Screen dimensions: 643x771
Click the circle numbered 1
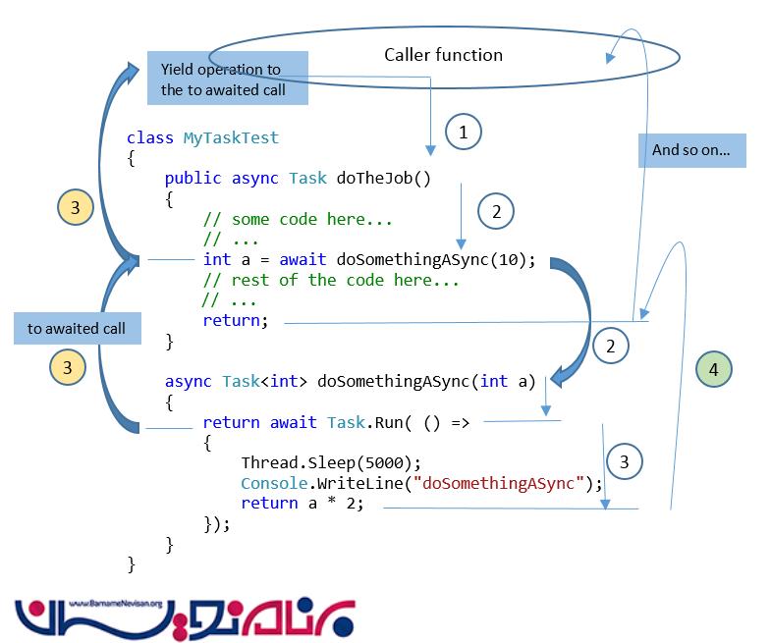tap(465, 131)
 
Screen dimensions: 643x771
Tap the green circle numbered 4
tap(713, 370)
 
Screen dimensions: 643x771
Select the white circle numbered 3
tap(625, 460)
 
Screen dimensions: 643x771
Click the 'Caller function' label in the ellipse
tap(443, 55)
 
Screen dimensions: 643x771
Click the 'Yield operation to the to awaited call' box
tap(227, 80)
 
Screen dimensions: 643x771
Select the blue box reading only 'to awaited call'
tap(77, 328)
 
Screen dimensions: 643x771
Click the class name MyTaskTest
tap(231, 138)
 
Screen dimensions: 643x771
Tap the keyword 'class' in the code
tap(150, 138)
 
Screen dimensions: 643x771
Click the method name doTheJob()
tap(384, 178)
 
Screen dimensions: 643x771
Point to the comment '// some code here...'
tap(298, 219)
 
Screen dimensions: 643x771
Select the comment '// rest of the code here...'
tap(331, 280)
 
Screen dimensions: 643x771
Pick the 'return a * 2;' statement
tap(303, 504)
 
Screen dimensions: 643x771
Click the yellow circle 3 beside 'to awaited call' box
tap(68, 367)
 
